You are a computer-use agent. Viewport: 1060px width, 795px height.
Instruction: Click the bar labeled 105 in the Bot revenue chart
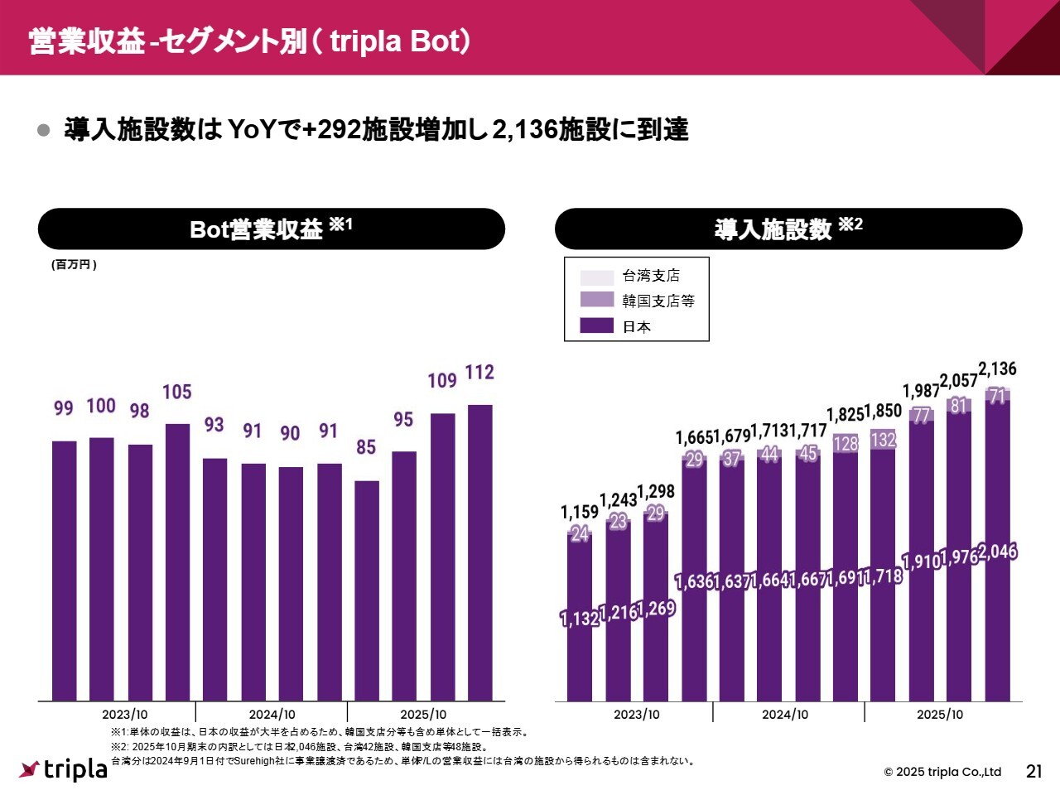tap(177, 561)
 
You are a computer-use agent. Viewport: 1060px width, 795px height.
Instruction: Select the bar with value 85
tap(367, 590)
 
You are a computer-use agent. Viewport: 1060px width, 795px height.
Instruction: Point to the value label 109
tap(442, 380)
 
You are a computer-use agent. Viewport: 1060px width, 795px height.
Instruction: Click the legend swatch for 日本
tap(596, 325)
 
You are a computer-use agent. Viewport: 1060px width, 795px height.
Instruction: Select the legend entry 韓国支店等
tap(658, 301)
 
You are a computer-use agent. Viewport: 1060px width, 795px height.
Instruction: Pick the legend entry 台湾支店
tap(650, 276)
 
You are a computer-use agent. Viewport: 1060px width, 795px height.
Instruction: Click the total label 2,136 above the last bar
tap(997, 369)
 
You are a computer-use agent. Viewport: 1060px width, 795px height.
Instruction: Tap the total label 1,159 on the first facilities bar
tap(579, 513)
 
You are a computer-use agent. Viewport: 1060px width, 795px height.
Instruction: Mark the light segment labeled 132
tap(883, 440)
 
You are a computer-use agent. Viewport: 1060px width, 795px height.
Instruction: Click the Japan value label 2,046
tap(997, 552)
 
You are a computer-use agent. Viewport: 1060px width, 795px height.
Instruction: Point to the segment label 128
tap(846, 444)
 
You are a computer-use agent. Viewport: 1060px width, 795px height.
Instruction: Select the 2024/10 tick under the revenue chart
tap(272, 715)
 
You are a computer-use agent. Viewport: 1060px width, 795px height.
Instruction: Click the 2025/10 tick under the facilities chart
tap(940, 715)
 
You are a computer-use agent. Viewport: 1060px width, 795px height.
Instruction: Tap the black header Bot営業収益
tap(271, 229)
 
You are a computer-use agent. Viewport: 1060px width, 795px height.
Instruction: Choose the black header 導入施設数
tap(788, 229)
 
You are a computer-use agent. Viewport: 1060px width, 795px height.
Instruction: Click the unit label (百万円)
tap(75, 265)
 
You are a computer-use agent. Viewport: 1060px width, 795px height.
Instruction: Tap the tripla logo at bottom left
tap(64, 769)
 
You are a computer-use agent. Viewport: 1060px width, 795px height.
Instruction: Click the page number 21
tap(1033, 772)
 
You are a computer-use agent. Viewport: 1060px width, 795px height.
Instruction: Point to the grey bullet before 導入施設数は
tap(44, 130)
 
